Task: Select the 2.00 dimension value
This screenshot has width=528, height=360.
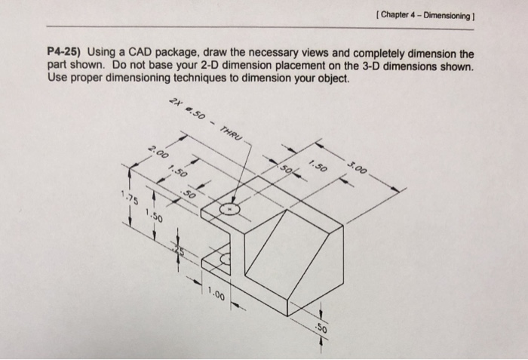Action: [159, 153]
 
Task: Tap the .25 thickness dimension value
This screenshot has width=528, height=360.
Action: [178, 251]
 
